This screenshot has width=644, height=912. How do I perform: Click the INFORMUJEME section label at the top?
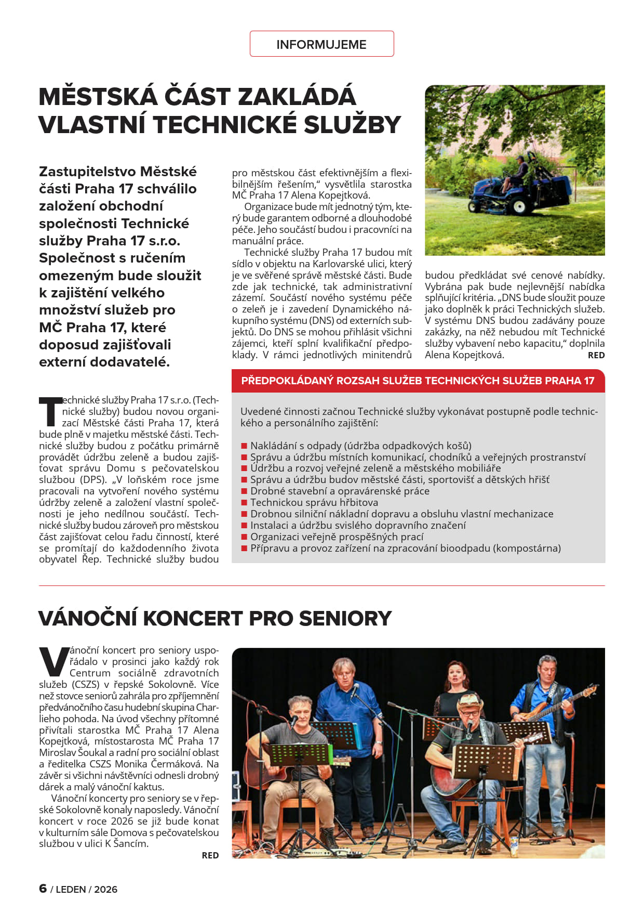pos(321,44)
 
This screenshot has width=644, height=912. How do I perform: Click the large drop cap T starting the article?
pos(50,411)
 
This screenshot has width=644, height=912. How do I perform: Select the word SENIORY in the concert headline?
pos(345,618)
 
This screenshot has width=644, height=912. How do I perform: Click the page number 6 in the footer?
pos(43,889)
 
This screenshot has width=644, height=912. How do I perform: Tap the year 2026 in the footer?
pos(106,890)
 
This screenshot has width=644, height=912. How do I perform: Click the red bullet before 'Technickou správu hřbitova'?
pos(244,503)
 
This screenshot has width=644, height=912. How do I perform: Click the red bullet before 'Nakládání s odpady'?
pos(244,446)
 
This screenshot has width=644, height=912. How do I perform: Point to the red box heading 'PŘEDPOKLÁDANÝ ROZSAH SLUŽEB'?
pos(418,381)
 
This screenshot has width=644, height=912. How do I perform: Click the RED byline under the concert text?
pos(210,855)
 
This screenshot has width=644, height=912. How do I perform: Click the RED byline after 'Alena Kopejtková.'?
pos(596,355)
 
